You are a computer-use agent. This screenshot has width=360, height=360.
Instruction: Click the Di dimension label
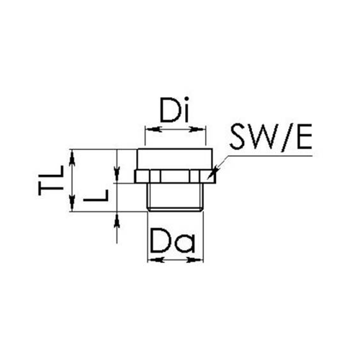click(175, 109)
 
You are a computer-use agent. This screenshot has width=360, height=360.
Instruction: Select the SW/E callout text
click(271, 137)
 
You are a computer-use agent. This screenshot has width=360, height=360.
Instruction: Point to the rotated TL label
click(50, 180)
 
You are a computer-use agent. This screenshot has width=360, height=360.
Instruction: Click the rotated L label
click(96, 195)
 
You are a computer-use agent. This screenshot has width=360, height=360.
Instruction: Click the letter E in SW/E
click(305, 136)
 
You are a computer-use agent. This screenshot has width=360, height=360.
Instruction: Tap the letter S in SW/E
click(239, 136)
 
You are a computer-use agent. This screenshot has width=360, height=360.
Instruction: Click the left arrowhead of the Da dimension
click(156, 259)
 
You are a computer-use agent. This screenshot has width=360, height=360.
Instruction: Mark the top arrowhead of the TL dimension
click(72, 158)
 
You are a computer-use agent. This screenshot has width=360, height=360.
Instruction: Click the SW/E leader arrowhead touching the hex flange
click(212, 174)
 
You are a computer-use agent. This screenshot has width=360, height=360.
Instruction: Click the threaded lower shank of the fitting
click(175, 197)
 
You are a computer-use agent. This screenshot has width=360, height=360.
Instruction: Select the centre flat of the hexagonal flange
click(175, 176)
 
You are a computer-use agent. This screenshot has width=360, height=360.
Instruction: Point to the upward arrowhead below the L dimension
click(117, 221)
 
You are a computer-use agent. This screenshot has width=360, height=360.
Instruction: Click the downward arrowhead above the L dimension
click(117, 174)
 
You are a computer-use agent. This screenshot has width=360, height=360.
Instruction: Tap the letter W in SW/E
click(264, 136)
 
